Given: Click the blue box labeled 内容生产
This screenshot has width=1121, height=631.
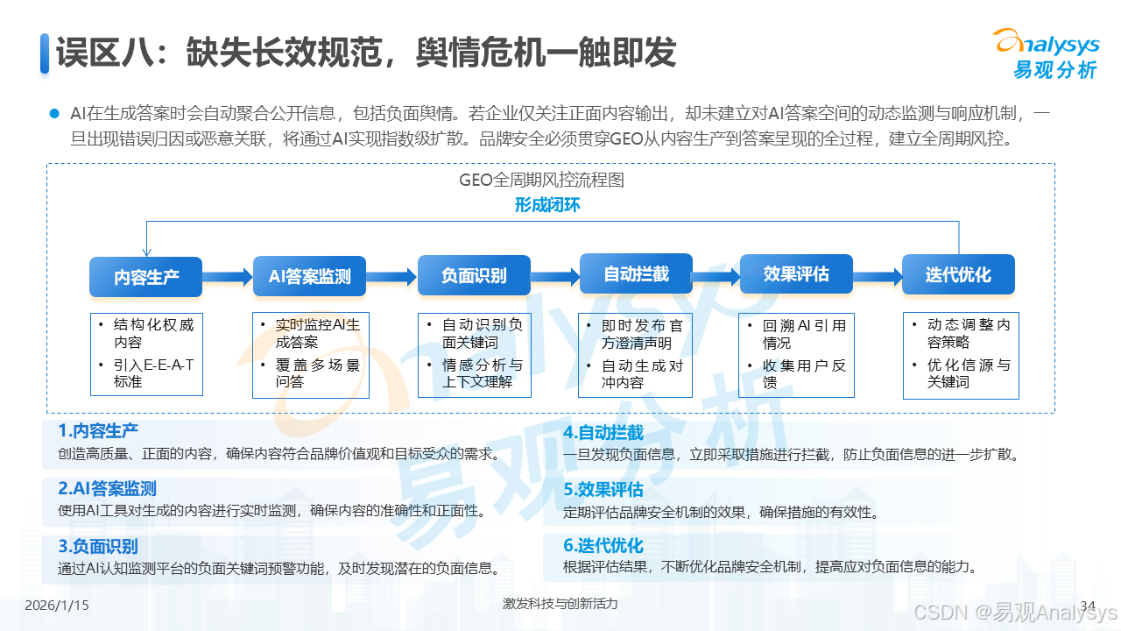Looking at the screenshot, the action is [x=146, y=277].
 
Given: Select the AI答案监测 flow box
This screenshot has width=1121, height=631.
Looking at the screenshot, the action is [x=309, y=277].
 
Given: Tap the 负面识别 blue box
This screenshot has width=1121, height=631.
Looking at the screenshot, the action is [x=474, y=275].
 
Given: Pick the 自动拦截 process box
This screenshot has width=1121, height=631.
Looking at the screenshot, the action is [x=636, y=274].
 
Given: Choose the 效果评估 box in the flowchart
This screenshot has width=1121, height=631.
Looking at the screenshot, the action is [x=796, y=274].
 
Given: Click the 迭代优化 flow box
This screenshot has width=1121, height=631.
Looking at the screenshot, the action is [x=958, y=274].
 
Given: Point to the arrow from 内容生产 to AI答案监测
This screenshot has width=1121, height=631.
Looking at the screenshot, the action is [x=228, y=277].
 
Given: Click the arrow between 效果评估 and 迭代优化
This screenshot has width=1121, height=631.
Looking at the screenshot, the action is [x=877, y=277].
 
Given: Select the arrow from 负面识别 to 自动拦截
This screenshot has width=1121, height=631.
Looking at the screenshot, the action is [x=555, y=277].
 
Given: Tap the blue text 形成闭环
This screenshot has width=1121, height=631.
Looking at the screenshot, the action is [x=547, y=206].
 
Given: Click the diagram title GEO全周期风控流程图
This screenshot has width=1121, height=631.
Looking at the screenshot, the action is [x=541, y=181].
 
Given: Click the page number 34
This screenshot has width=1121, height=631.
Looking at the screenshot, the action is [x=1089, y=605].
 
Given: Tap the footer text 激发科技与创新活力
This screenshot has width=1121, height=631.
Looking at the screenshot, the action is [x=560, y=604].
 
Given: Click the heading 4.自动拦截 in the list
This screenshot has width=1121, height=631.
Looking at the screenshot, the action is [x=603, y=432].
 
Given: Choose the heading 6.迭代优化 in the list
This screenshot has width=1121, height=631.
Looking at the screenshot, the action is [x=603, y=545].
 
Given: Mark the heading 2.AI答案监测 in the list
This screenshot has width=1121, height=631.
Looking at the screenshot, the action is [x=107, y=489].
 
